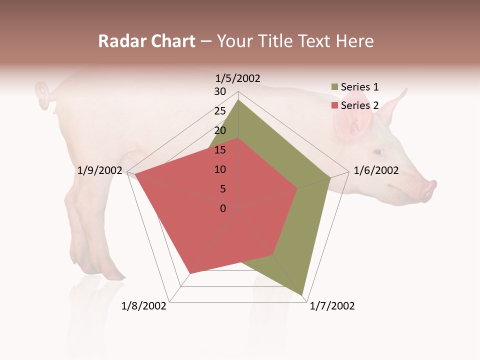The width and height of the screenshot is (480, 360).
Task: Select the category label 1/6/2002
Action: tap(376, 170)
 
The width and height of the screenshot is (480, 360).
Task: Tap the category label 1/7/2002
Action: tap(332, 306)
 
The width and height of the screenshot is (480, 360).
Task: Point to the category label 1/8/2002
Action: tap(144, 306)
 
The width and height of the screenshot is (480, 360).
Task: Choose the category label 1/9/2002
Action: tap(100, 170)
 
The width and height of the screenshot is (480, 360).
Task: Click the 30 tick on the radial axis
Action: tap(220, 91)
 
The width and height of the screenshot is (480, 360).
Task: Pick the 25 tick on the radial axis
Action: tap(220, 111)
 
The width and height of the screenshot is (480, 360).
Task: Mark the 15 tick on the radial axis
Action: tap(220, 150)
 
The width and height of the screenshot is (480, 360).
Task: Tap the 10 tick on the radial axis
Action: tap(220, 169)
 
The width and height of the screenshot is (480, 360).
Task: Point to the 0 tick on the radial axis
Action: tap(223, 208)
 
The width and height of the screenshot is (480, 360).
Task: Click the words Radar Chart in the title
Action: tap(146, 41)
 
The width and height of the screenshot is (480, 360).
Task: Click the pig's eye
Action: tap(378, 151)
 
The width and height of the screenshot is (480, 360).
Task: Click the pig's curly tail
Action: tap(44, 95)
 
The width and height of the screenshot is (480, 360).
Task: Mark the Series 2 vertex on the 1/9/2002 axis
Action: tap(134, 174)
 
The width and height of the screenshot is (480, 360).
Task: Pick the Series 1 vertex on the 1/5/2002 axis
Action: tap(238, 99)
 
